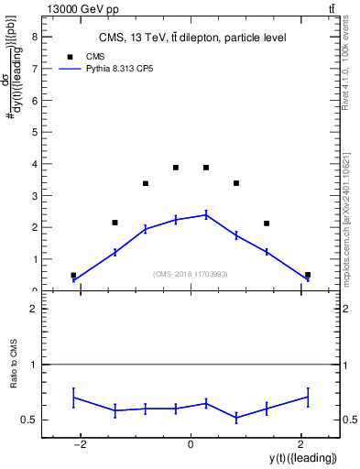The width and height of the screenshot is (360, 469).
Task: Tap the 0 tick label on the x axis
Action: (191, 444)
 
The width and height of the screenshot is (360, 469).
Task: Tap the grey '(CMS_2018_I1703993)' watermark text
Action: (191, 273)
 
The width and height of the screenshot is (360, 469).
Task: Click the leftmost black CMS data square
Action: (73, 275)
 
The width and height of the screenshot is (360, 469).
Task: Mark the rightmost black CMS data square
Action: (308, 275)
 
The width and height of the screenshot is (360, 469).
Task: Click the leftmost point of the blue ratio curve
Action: (73, 398)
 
